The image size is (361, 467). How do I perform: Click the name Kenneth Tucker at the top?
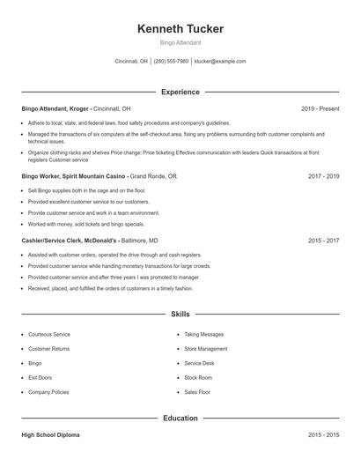(180, 29)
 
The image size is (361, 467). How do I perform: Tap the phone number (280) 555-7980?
(171, 62)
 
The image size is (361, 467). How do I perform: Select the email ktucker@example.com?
(220, 62)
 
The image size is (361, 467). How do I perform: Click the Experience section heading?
(180, 92)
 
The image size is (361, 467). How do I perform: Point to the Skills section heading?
(180, 314)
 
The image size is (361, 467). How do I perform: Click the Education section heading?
(180, 418)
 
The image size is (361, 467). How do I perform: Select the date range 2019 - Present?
(320, 108)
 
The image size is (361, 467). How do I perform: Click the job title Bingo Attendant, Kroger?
(55, 108)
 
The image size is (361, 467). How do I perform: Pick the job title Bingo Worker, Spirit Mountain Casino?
(74, 176)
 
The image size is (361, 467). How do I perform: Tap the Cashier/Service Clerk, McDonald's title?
(69, 240)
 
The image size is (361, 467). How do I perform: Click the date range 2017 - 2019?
(323, 176)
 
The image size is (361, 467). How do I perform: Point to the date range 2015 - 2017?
(323, 240)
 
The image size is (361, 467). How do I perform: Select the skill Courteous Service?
(49, 335)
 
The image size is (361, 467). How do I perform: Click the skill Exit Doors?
(41, 377)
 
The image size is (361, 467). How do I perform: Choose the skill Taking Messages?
(203, 335)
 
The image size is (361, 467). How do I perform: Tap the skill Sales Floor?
(197, 391)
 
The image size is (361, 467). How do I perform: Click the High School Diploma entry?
(52, 435)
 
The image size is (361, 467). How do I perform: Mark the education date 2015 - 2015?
(323, 435)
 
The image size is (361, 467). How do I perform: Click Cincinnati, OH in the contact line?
(132, 62)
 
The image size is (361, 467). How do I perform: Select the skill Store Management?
(205, 349)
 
